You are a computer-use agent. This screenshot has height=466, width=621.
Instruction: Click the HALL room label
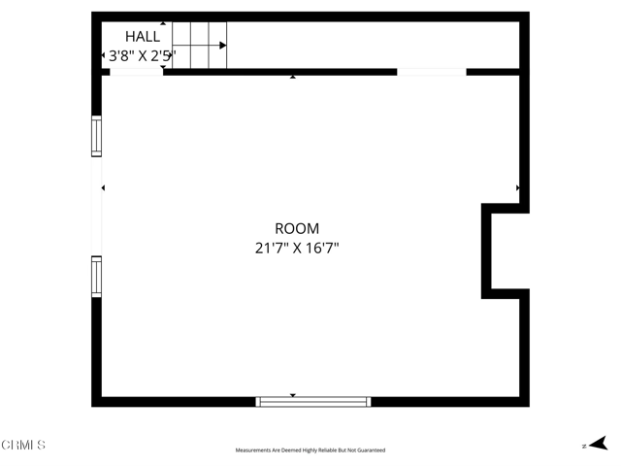[x=143, y=37]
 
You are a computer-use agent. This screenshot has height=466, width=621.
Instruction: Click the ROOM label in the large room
[x=297, y=229]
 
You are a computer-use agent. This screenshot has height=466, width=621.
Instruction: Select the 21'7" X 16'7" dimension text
[x=297, y=248]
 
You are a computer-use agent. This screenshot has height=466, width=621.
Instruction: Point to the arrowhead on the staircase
[x=223, y=45]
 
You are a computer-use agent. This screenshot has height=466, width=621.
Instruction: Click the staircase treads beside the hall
[x=199, y=46]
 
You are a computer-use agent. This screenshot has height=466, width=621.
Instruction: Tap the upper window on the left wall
[x=96, y=137]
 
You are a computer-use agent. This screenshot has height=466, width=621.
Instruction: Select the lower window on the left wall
[x=96, y=276]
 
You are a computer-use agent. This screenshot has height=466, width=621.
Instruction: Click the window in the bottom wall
[x=313, y=401]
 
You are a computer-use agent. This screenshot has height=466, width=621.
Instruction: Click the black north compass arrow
[x=599, y=443]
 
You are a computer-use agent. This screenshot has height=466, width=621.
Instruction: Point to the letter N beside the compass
[x=583, y=446]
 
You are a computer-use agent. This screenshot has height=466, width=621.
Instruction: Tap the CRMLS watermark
[x=23, y=446]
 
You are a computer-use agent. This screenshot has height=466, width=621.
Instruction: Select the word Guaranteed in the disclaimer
[x=369, y=450]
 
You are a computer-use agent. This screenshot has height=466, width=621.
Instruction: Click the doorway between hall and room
[x=136, y=71]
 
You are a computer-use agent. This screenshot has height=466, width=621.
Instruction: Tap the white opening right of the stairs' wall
[x=432, y=71]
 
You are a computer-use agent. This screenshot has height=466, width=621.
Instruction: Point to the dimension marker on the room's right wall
[x=518, y=187]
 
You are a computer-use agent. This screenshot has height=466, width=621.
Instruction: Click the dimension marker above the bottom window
[x=293, y=395]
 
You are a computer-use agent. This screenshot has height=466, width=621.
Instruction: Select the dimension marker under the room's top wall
[x=293, y=77]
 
